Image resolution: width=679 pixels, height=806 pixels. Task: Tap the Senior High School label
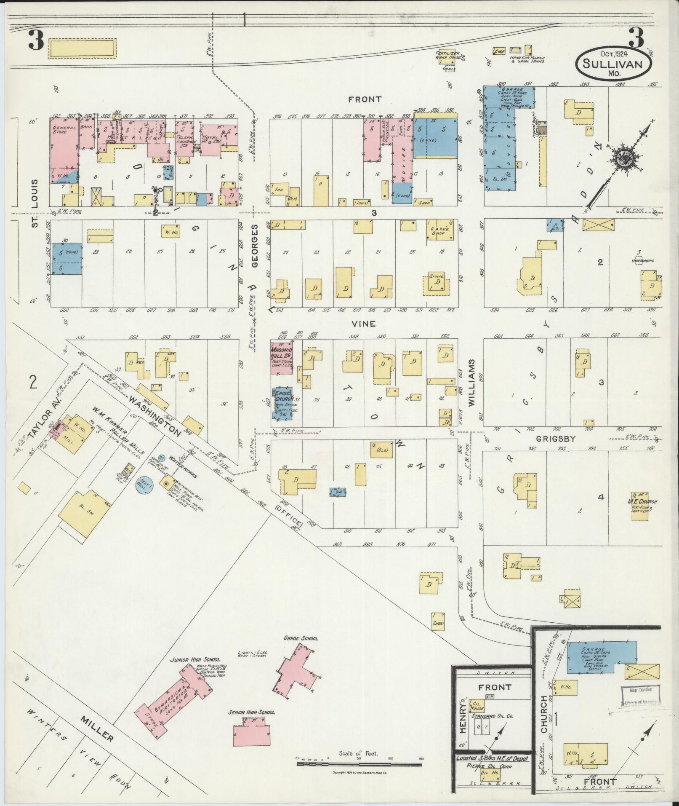coord(251,712)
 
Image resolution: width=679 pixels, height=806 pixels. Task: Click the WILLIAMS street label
coord(471,383)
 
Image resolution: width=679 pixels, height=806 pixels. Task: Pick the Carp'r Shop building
coord(440,230)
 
